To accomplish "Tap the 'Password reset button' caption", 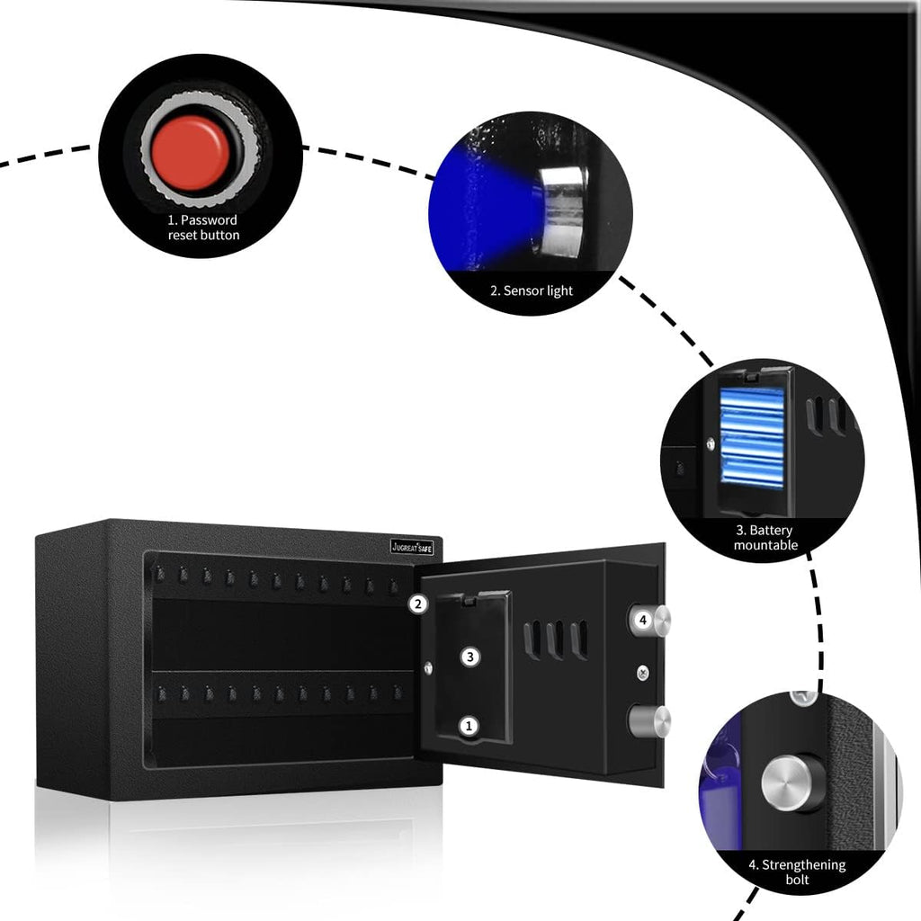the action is [x=203, y=228].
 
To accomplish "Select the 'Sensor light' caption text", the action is [x=531, y=291].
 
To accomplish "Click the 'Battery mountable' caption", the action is [x=765, y=538].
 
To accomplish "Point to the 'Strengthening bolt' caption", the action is [x=797, y=872].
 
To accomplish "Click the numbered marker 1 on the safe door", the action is [x=469, y=726].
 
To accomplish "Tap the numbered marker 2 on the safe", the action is [x=418, y=604].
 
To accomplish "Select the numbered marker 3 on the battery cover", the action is [x=469, y=657].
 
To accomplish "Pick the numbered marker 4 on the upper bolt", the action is [x=643, y=620].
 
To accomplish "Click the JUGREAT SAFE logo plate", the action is [x=412, y=548].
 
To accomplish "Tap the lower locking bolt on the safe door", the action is [x=649, y=722].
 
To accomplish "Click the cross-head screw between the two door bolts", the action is [x=643, y=673].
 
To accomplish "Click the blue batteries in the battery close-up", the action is [x=752, y=438].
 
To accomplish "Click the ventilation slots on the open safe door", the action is [x=556, y=639].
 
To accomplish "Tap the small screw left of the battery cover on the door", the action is [x=428, y=668].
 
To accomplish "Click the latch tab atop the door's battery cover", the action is [x=469, y=599].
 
